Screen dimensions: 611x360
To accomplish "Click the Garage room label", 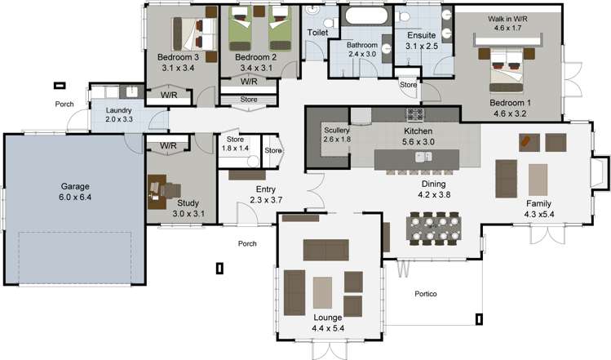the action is pyautogui.click(x=75, y=186).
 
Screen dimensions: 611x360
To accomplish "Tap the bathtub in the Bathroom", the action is pyautogui.click(x=365, y=16).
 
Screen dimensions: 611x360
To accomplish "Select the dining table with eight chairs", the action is pyautogui.click(x=434, y=229).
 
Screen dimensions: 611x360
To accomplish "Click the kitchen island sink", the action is pyautogui.click(x=423, y=157).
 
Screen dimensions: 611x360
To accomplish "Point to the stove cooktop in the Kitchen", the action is pyautogui.click(x=414, y=114).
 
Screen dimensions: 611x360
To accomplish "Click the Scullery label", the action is pyautogui.click(x=337, y=131).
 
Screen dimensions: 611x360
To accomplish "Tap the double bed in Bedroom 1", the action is pyautogui.click(x=507, y=69).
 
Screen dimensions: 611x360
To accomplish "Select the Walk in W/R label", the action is pyautogui.click(x=507, y=19).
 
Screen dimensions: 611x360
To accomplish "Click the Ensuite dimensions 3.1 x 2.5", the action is pyautogui.click(x=422, y=46).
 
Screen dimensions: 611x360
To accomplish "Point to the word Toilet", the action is pyautogui.click(x=317, y=33).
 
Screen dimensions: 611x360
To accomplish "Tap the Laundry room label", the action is pyautogui.click(x=118, y=110).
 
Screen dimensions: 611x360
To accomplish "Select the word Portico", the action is pyautogui.click(x=426, y=294).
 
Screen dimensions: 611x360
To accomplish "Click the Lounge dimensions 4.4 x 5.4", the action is pyautogui.click(x=328, y=328).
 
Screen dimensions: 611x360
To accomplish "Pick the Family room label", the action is pyautogui.click(x=538, y=203).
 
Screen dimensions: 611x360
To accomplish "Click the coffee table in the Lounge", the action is pyautogui.click(x=323, y=292).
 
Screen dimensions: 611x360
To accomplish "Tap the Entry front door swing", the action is pyautogui.click(x=246, y=213).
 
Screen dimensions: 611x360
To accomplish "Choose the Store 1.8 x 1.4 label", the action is pyautogui.click(x=236, y=144).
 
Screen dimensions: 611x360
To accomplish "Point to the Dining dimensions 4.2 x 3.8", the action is pyautogui.click(x=434, y=194).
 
